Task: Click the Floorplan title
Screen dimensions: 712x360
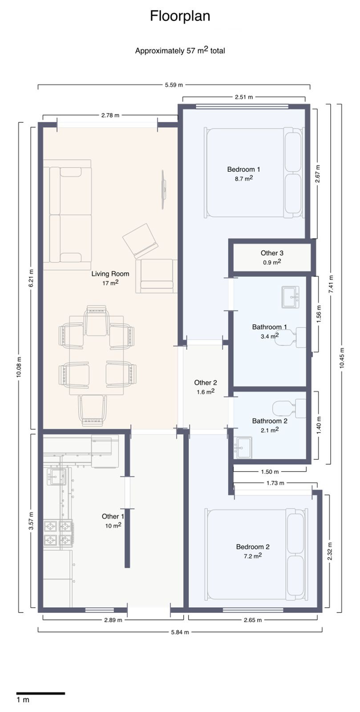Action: point(180,16)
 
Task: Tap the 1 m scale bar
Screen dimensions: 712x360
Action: point(40,693)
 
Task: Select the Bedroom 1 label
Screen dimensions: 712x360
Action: point(243,169)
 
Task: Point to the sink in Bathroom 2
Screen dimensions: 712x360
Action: point(243,447)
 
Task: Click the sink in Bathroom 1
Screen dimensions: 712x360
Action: point(291,297)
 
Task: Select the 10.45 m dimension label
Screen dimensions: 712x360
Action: point(342,357)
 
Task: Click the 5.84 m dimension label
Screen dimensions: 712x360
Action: point(180,631)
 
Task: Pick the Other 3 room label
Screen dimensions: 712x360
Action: point(272,253)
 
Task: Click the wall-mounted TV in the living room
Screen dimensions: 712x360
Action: point(164,189)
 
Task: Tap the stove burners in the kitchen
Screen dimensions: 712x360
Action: point(58,533)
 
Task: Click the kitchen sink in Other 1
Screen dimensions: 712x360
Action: point(56,477)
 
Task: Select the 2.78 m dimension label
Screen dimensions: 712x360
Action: point(110,115)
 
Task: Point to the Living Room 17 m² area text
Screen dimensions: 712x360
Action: point(110,283)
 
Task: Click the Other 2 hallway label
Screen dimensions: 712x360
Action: point(206,383)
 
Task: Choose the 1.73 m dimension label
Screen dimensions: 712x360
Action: point(275,483)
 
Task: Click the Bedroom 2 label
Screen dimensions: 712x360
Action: point(253,547)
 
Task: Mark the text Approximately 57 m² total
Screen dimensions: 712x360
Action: point(180,50)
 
